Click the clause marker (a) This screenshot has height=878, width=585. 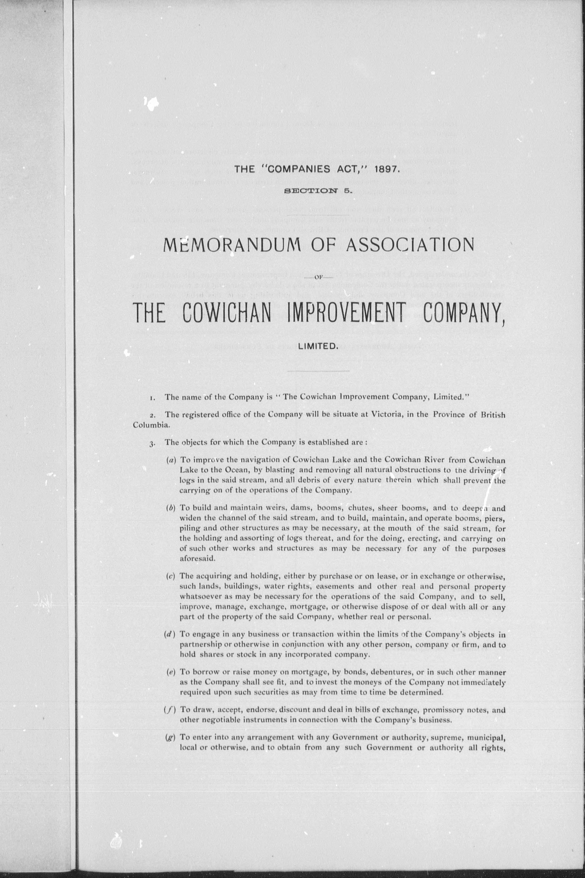(x=171, y=461)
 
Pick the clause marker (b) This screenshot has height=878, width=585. (x=171, y=508)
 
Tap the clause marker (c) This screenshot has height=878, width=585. (x=171, y=576)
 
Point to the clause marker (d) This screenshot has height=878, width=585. (x=171, y=634)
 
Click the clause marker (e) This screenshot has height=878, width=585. (x=171, y=672)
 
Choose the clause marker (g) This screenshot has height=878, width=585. (x=171, y=737)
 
